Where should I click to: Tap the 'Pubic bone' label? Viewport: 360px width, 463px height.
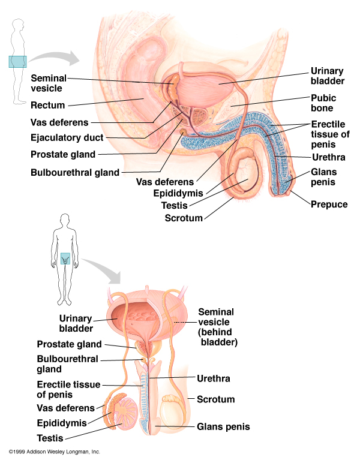click(x=323, y=103)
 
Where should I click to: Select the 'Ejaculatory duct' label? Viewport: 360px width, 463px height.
click(x=67, y=138)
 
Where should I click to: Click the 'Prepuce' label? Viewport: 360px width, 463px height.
click(x=329, y=204)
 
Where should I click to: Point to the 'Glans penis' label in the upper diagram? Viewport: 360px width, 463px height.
click(x=323, y=178)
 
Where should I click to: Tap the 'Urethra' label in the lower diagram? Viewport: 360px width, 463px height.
click(x=213, y=378)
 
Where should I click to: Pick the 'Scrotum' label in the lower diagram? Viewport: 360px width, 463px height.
click(x=215, y=399)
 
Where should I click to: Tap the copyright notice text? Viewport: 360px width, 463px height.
click(x=54, y=451)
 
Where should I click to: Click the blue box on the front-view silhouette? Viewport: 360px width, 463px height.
click(x=65, y=258)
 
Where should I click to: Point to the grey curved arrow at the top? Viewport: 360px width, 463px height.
click(x=57, y=58)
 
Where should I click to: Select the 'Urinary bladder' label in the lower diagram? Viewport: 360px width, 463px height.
click(x=75, y=323)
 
